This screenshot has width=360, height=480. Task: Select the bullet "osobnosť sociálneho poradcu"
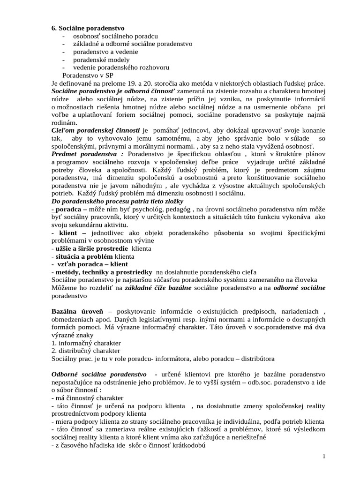tap(115, 37)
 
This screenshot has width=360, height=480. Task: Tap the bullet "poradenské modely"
tap(101, 60)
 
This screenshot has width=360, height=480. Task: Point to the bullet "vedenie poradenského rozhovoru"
tap(121, 67)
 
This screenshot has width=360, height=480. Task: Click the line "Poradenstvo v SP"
tap(87, 75)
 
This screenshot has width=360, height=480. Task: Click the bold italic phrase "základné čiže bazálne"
tap(158, 288)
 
